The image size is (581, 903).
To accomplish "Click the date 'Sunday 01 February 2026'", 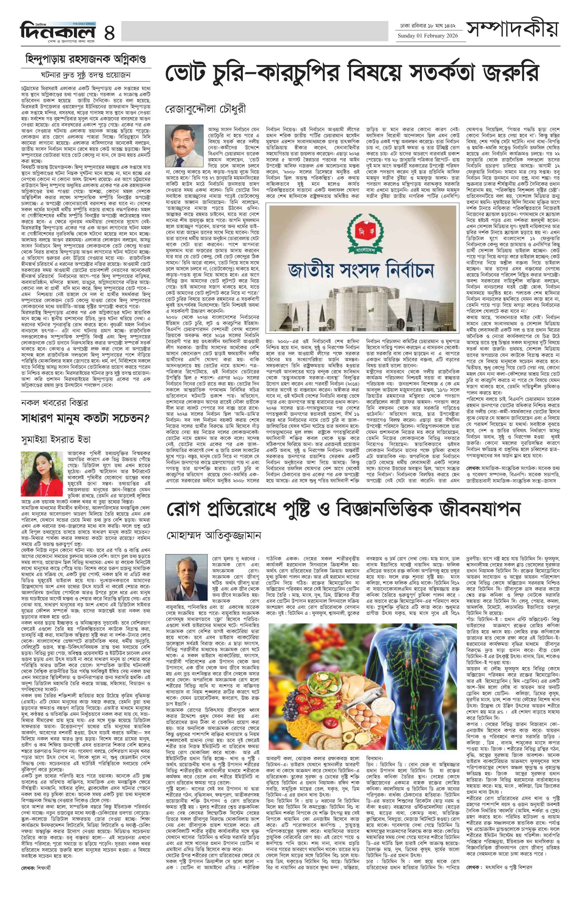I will (427, 36).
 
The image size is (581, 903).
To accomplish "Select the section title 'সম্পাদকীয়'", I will (512, 28).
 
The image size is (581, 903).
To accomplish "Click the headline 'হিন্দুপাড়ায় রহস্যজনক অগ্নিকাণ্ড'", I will (85, 59).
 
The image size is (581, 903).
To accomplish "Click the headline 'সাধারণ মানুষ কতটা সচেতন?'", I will (85, 418).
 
